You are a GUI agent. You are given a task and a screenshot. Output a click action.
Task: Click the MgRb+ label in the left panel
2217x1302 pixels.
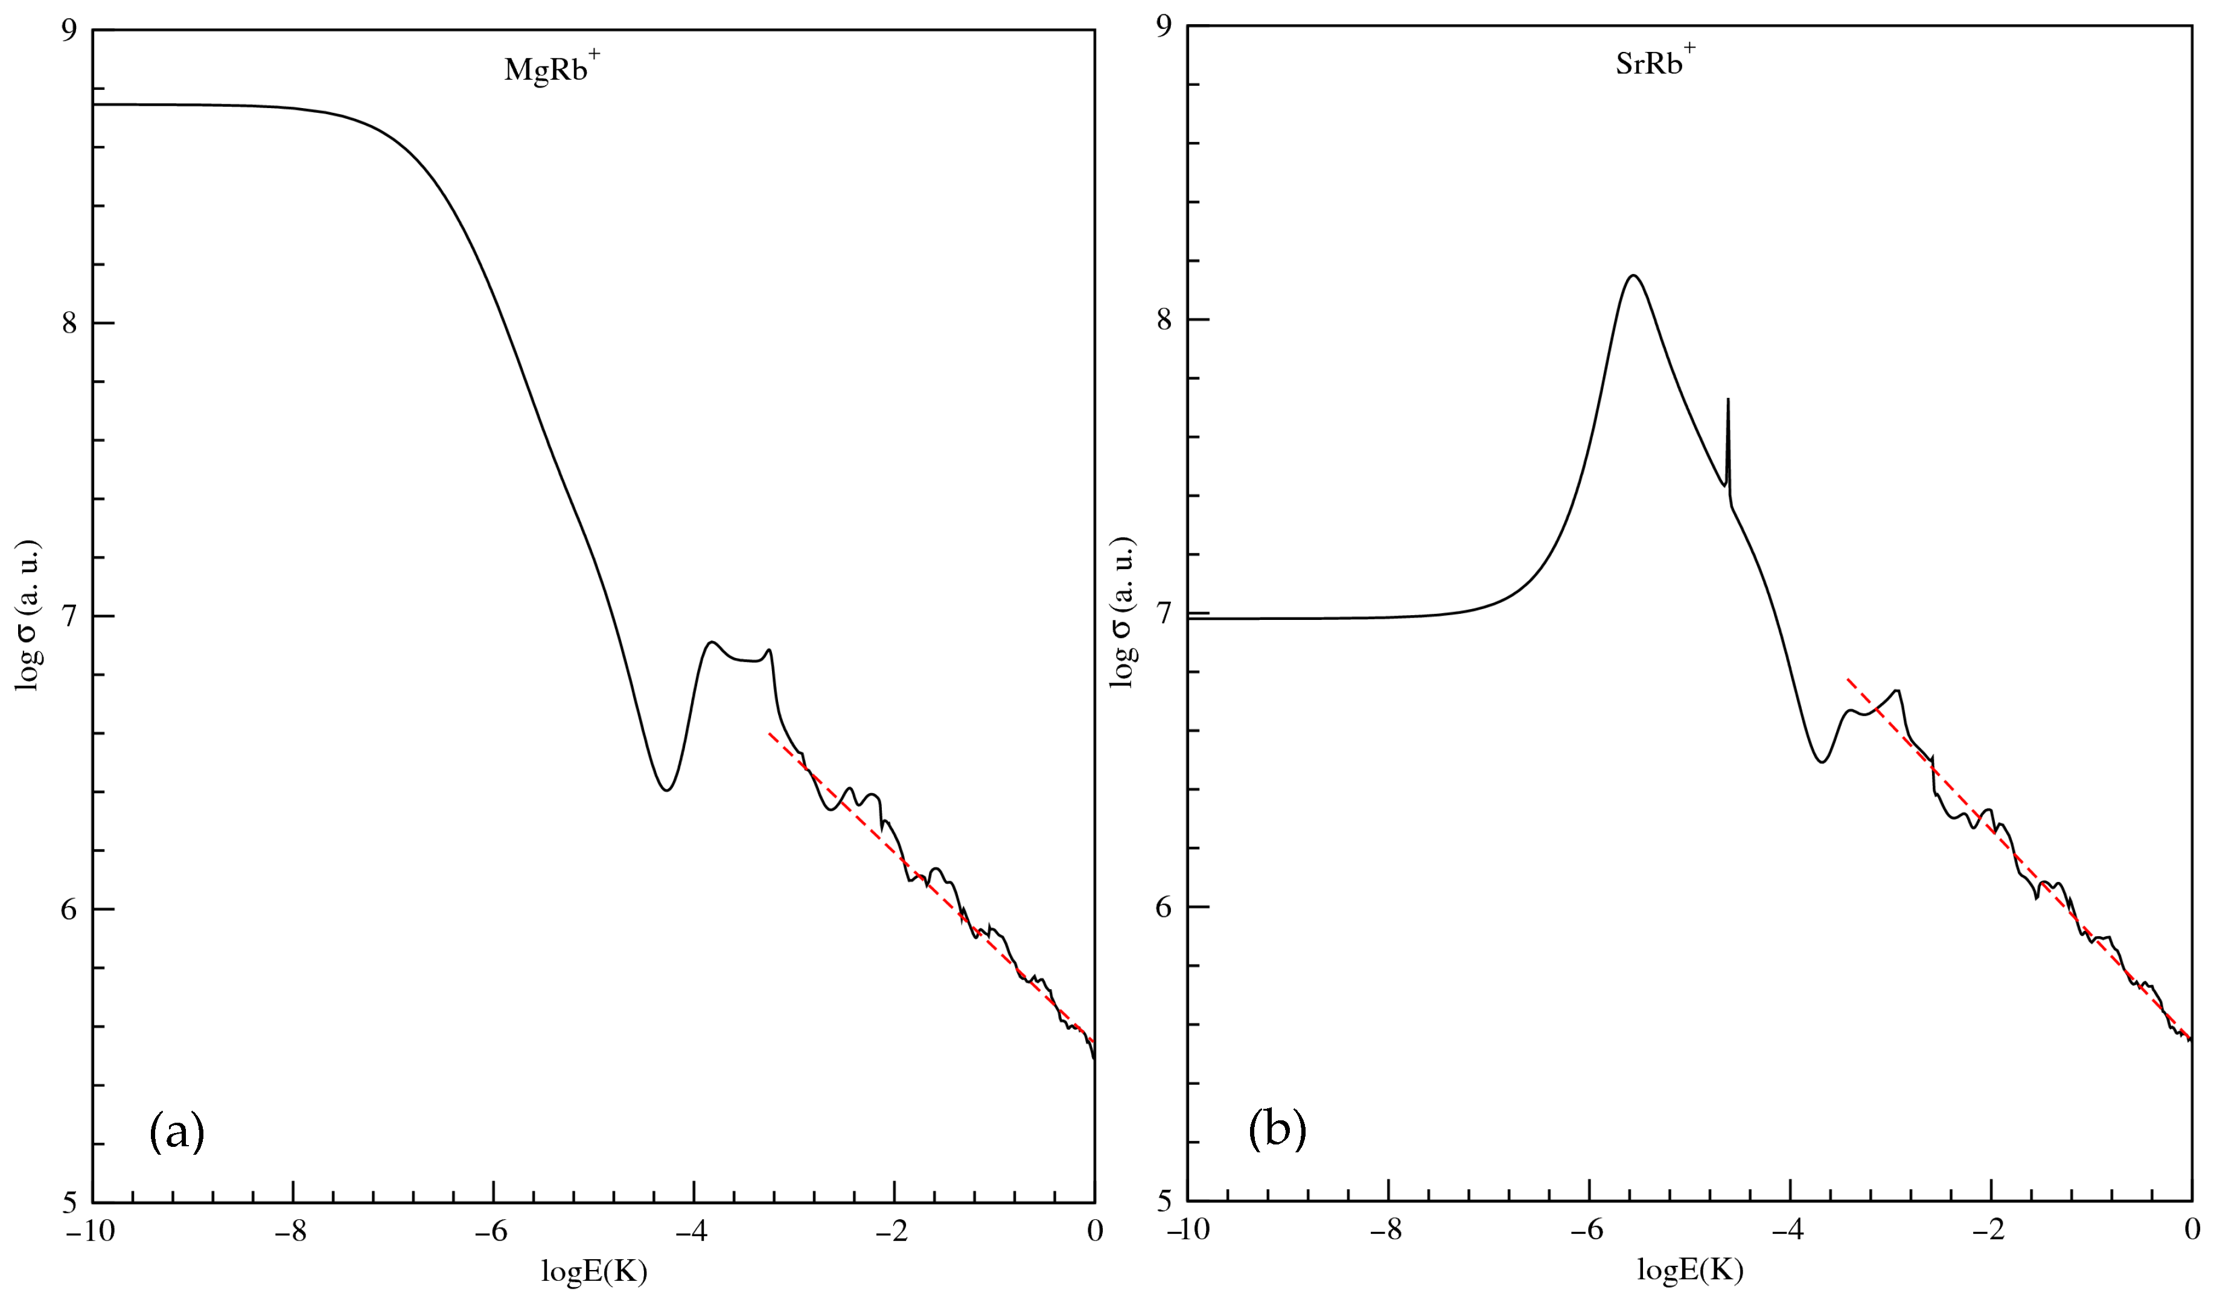(552, 69)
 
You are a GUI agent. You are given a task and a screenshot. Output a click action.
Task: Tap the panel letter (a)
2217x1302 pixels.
(177, 1132)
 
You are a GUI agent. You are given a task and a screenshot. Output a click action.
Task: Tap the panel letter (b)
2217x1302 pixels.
(1277, 1131)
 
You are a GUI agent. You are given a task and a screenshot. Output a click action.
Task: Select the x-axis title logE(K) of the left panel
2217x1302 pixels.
(594, 1272)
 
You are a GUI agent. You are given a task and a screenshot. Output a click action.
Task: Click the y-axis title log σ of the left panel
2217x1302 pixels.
(28, 615)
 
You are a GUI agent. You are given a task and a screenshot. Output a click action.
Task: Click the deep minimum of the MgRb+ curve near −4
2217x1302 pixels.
(667, 789)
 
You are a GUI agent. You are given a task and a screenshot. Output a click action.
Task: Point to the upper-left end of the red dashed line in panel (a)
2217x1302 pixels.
(770, 733)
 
